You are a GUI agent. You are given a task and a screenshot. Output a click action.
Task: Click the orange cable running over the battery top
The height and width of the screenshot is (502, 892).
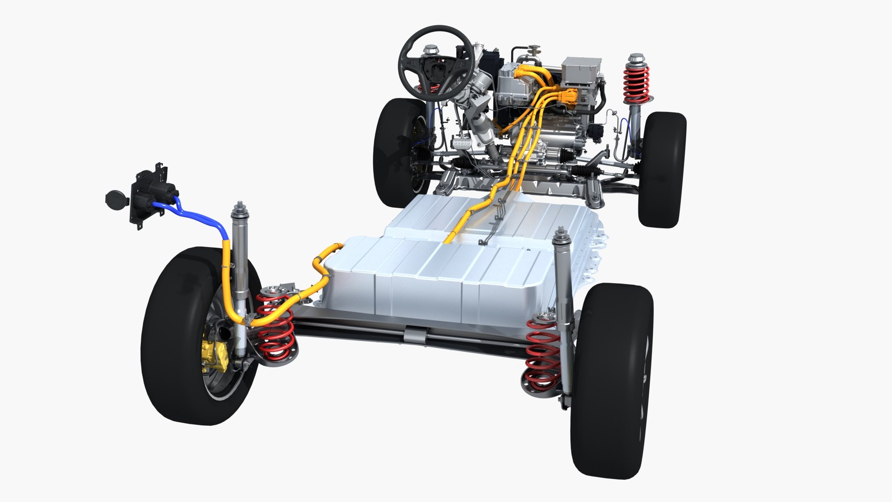(x=469, y=218)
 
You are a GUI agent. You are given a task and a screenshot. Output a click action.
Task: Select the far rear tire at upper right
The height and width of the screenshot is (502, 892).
(x=662, y=170)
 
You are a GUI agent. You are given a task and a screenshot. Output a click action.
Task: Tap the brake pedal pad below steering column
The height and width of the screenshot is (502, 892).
(x=459, y=144)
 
